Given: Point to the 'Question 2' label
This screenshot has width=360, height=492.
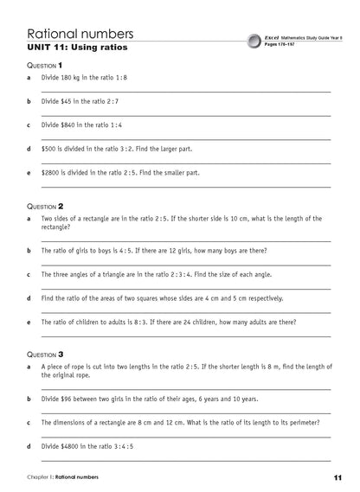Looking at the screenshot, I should point(44,207).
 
